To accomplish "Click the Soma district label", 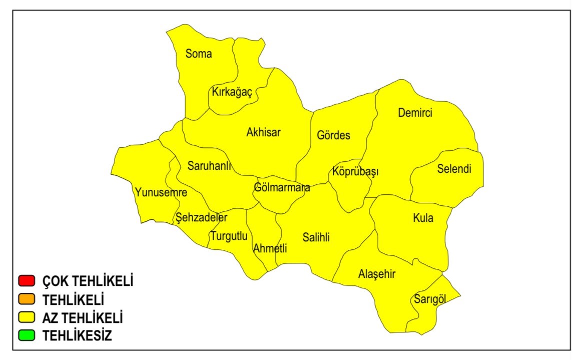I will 199,54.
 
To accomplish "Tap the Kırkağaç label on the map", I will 232,93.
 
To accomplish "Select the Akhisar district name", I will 264,133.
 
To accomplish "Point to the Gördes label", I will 334,135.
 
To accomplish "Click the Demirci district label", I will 415,113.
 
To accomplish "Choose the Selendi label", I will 454,169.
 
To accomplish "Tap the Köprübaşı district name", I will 355,172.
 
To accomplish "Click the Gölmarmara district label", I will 282,188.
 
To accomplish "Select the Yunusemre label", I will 161,192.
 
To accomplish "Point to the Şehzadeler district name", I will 201,218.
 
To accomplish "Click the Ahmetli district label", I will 270,248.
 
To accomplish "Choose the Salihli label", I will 316,237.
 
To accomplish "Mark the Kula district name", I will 423,218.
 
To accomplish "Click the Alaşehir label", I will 377,274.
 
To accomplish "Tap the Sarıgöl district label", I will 429,299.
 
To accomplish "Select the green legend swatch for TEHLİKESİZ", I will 26,335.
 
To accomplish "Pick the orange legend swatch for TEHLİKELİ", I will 26,299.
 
